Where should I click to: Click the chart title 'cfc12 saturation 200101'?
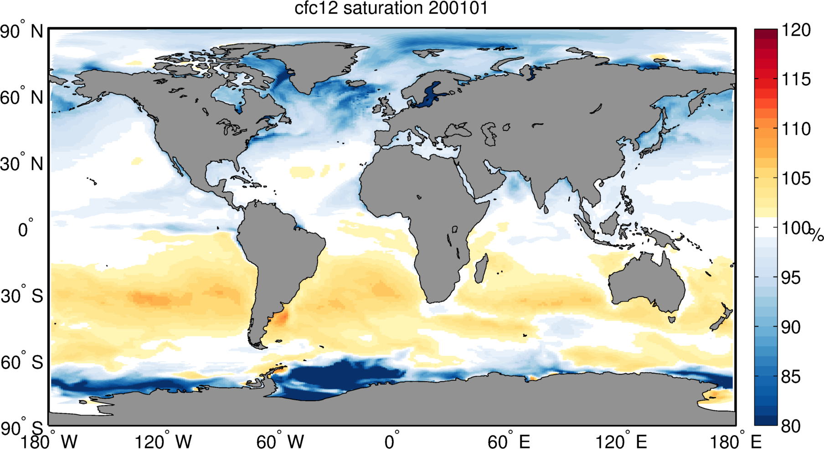tap(391, 9)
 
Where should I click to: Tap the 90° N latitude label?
tap(21, 32)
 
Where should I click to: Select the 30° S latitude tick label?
tap(21, 296)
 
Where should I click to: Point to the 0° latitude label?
tap(26, 229)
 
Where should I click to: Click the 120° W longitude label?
tap(163, 441)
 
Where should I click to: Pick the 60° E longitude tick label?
tap(509, 441)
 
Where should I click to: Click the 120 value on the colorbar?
tap(796, 30)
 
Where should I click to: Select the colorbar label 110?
tap(796, 129)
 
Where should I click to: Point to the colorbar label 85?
tap(791, 377)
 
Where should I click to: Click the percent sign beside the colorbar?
tap(816, 235)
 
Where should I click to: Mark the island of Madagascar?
tap(481, 269)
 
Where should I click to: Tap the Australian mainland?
tap(647, 283)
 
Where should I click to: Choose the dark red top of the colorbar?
tap(766, 32)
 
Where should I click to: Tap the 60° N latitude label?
tap(21, 98)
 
